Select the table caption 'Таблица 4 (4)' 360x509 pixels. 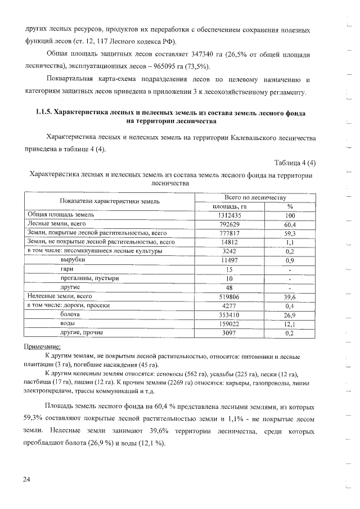pyautogui.click(x=295, y=163)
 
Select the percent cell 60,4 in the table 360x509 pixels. pyautogui.click(x=290, y=223)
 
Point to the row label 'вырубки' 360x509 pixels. pyautogui.click(x=73, y=260)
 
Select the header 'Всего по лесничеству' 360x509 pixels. pyautogui.click(x=255, y=197)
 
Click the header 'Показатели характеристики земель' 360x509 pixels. pyautogui.click(x=110, y=201)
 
